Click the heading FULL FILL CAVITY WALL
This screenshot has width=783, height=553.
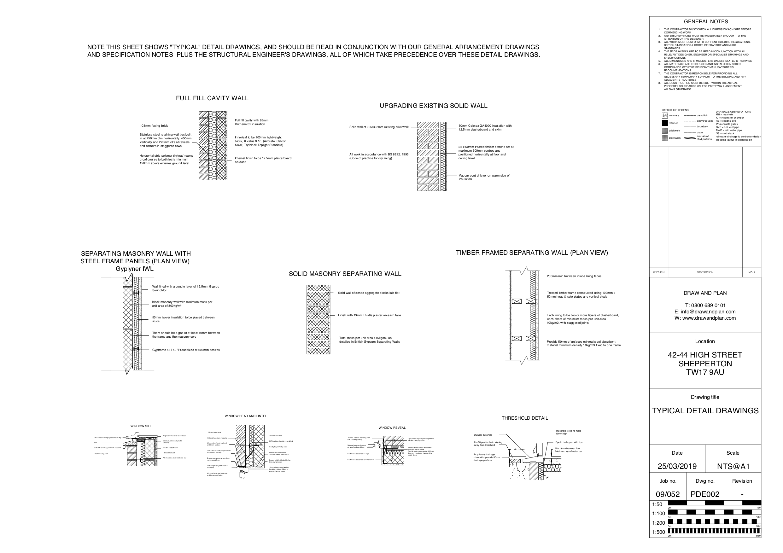[x=212, y=98]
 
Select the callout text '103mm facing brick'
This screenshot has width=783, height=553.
[x=154, y=126]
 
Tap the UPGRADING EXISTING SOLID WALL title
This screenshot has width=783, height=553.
[x=434, y=106]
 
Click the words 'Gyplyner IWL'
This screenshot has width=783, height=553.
[x=134, y=269]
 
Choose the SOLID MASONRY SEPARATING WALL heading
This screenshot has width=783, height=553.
[x=345, y=274]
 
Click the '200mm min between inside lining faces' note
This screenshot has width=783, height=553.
[x=574, y=276]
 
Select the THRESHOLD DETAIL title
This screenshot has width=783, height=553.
[x=524, y=418]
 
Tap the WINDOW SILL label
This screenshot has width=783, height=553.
[x=141, y=426]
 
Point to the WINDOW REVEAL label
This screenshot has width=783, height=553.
[x=392, y=428]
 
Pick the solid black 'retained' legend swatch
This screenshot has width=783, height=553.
[x=665, y=123]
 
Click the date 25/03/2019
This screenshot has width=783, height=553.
[x=677, y=466]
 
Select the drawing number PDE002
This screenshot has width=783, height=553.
[x=705, y=494]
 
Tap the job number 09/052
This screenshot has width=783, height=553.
[x=668, y=494]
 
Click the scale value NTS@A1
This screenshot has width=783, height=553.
[x=733, y=466]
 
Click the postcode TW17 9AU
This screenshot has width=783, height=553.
[x=705, y=372]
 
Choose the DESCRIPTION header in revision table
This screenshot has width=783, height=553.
[x=705, y=272]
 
